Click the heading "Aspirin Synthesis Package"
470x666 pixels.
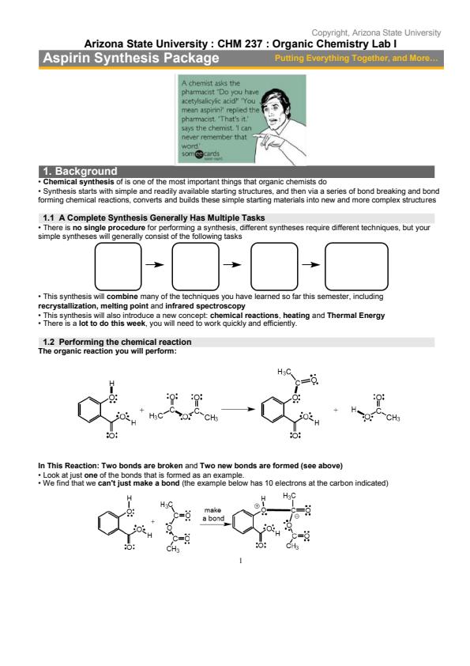[131, 58]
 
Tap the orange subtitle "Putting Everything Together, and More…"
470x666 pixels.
[356, 59]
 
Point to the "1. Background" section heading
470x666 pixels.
[80, 171]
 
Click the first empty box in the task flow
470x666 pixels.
[118, 267]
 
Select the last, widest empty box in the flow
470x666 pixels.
[356, 267]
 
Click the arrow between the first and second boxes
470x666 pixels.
[155, 265]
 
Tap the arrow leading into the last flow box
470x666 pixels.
[311, 265]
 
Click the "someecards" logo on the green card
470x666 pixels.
[201, 153]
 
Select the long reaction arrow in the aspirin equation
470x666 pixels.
[238, 410]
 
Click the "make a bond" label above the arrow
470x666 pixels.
[213, 514]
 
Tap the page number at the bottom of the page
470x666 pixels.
[240, 561]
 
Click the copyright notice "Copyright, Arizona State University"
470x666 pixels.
[376, 32]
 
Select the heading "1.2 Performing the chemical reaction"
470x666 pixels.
[117, 342]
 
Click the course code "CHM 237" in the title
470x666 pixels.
[239, 44]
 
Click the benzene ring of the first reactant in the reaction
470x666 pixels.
[90, 410]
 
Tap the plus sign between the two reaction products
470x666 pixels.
[336, 410]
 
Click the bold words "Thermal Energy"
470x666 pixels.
[356, 315]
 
